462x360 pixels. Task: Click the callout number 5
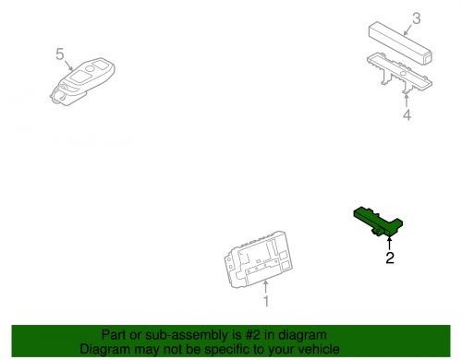60,54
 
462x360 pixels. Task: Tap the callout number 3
416,18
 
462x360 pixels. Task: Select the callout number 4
407,114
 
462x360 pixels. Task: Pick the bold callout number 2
390,258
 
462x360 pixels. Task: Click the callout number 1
266,301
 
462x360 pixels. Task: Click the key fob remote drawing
82,81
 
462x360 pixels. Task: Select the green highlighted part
378,222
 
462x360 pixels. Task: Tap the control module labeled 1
258,259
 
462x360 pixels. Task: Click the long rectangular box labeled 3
400,42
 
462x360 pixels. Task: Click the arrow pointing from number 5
68,66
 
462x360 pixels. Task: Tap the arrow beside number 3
408,30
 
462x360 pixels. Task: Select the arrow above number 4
407,101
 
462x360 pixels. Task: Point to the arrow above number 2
390,243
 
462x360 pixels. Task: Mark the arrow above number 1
265,287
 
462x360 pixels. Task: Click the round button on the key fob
90,68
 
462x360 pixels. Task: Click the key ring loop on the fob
59,97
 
